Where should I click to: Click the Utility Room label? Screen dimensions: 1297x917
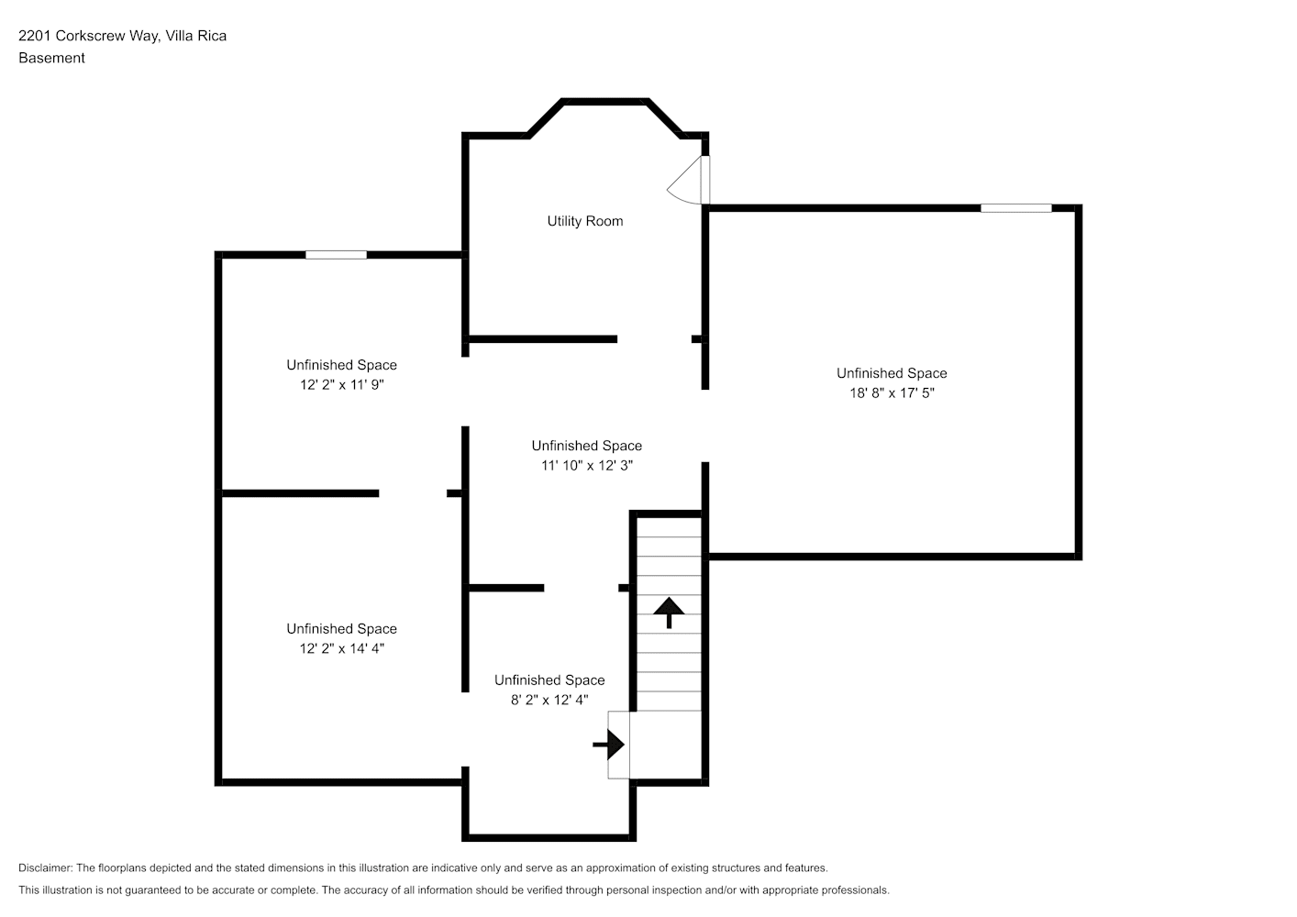pyautogui.click(x=585, y=221)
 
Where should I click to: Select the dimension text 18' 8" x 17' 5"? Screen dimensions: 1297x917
pyautogui.click(x=892, y=393)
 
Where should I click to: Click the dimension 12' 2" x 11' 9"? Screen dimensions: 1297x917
pyautogui.click(x=341, y=385)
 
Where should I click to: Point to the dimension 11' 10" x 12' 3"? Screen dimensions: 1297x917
pyautogui.click(x=586, y=466)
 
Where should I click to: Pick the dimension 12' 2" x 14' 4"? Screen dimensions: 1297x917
pyautogui.click(x=341, y=648)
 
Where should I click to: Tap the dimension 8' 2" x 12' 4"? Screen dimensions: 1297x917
pyautogui.click(x=549, y=700)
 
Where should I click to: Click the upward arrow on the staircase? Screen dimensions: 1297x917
pyautogui.click(x=669, y=613)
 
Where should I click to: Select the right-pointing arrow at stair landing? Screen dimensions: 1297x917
pyautogui.click(x=608, y=745)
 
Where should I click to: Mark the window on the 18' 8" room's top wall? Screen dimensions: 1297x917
pyautogui.click(x=1016, y=208)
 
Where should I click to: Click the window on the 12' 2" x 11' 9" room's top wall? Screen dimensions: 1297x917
pyautogui.click(x=336, y=255)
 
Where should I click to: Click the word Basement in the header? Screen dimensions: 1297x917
pyautogui.click(x=51, y=58)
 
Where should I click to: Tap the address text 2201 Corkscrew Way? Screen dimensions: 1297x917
pyautogui.click(x=88, y=36)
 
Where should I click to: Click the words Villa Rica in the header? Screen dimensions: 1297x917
pyautogui.click(x=196, y=36)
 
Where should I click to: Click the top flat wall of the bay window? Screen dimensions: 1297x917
pyautogui.click(x=605, y=102)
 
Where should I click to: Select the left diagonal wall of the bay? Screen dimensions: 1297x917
pyautogui.click(x=545, y=118)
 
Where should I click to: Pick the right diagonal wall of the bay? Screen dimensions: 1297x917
pyautogui.click(x=665, y=118)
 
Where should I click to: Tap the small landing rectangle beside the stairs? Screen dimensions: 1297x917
pyautogui.click(x=618, y=745)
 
